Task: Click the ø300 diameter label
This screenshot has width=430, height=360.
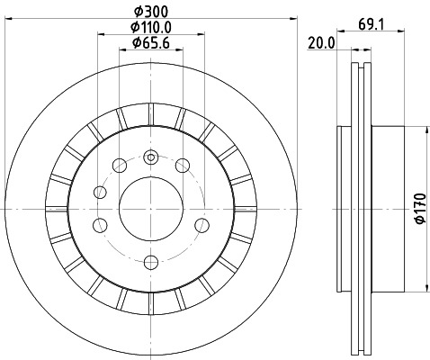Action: coord(150,10)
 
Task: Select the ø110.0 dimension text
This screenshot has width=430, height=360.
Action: coord(150,26)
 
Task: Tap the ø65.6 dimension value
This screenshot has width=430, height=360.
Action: coord(150,42)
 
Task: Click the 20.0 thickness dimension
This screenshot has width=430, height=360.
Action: coord(321,42)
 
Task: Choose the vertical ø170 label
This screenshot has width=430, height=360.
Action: coord(418,208)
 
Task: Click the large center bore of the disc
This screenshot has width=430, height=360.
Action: coord(150,208)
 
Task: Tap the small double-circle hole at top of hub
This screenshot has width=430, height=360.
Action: coord(151,158)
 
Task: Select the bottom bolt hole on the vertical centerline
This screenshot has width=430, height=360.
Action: coord(150,261)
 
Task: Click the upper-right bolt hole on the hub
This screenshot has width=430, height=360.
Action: coord(183,165)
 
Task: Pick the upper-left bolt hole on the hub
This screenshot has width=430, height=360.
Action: coord(119,165)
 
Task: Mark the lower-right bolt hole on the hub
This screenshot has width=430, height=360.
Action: coord(200,225)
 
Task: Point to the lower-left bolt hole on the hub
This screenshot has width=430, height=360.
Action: coord(102,225)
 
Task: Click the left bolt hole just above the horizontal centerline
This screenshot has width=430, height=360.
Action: coord(101,191)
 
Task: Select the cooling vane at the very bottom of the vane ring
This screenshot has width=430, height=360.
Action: coord(151,304)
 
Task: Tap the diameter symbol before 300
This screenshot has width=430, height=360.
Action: coord(135,10)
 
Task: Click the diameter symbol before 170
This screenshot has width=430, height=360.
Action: coord(418,225)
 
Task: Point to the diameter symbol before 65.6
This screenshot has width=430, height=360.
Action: coord(136,42)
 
